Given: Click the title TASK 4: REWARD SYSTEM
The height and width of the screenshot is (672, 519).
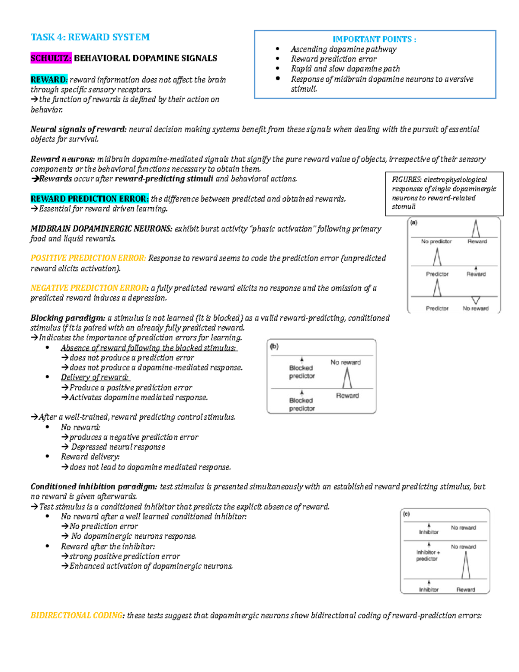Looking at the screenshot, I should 90,37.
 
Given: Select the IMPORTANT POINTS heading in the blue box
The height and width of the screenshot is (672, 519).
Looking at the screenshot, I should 374,39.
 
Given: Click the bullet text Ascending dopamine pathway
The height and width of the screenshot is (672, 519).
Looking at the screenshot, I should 343,49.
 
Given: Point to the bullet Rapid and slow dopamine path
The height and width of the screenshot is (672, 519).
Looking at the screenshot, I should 345,69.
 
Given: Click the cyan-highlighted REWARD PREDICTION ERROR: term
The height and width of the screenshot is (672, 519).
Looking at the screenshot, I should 90,199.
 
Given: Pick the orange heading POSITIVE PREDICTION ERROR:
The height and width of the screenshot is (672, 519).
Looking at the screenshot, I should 88,258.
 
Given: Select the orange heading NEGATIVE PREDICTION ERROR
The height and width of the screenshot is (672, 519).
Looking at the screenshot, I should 88,288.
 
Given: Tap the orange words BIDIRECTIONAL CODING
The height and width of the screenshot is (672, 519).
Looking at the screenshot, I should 77,615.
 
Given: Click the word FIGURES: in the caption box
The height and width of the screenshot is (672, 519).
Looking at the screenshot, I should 407,180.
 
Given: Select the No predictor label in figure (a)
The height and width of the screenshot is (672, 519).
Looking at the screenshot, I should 436,241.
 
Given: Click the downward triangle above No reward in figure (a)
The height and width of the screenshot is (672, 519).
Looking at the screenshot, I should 476,300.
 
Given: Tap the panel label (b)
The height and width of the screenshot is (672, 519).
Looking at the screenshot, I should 274,346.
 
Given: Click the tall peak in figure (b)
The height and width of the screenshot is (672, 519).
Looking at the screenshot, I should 347,378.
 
